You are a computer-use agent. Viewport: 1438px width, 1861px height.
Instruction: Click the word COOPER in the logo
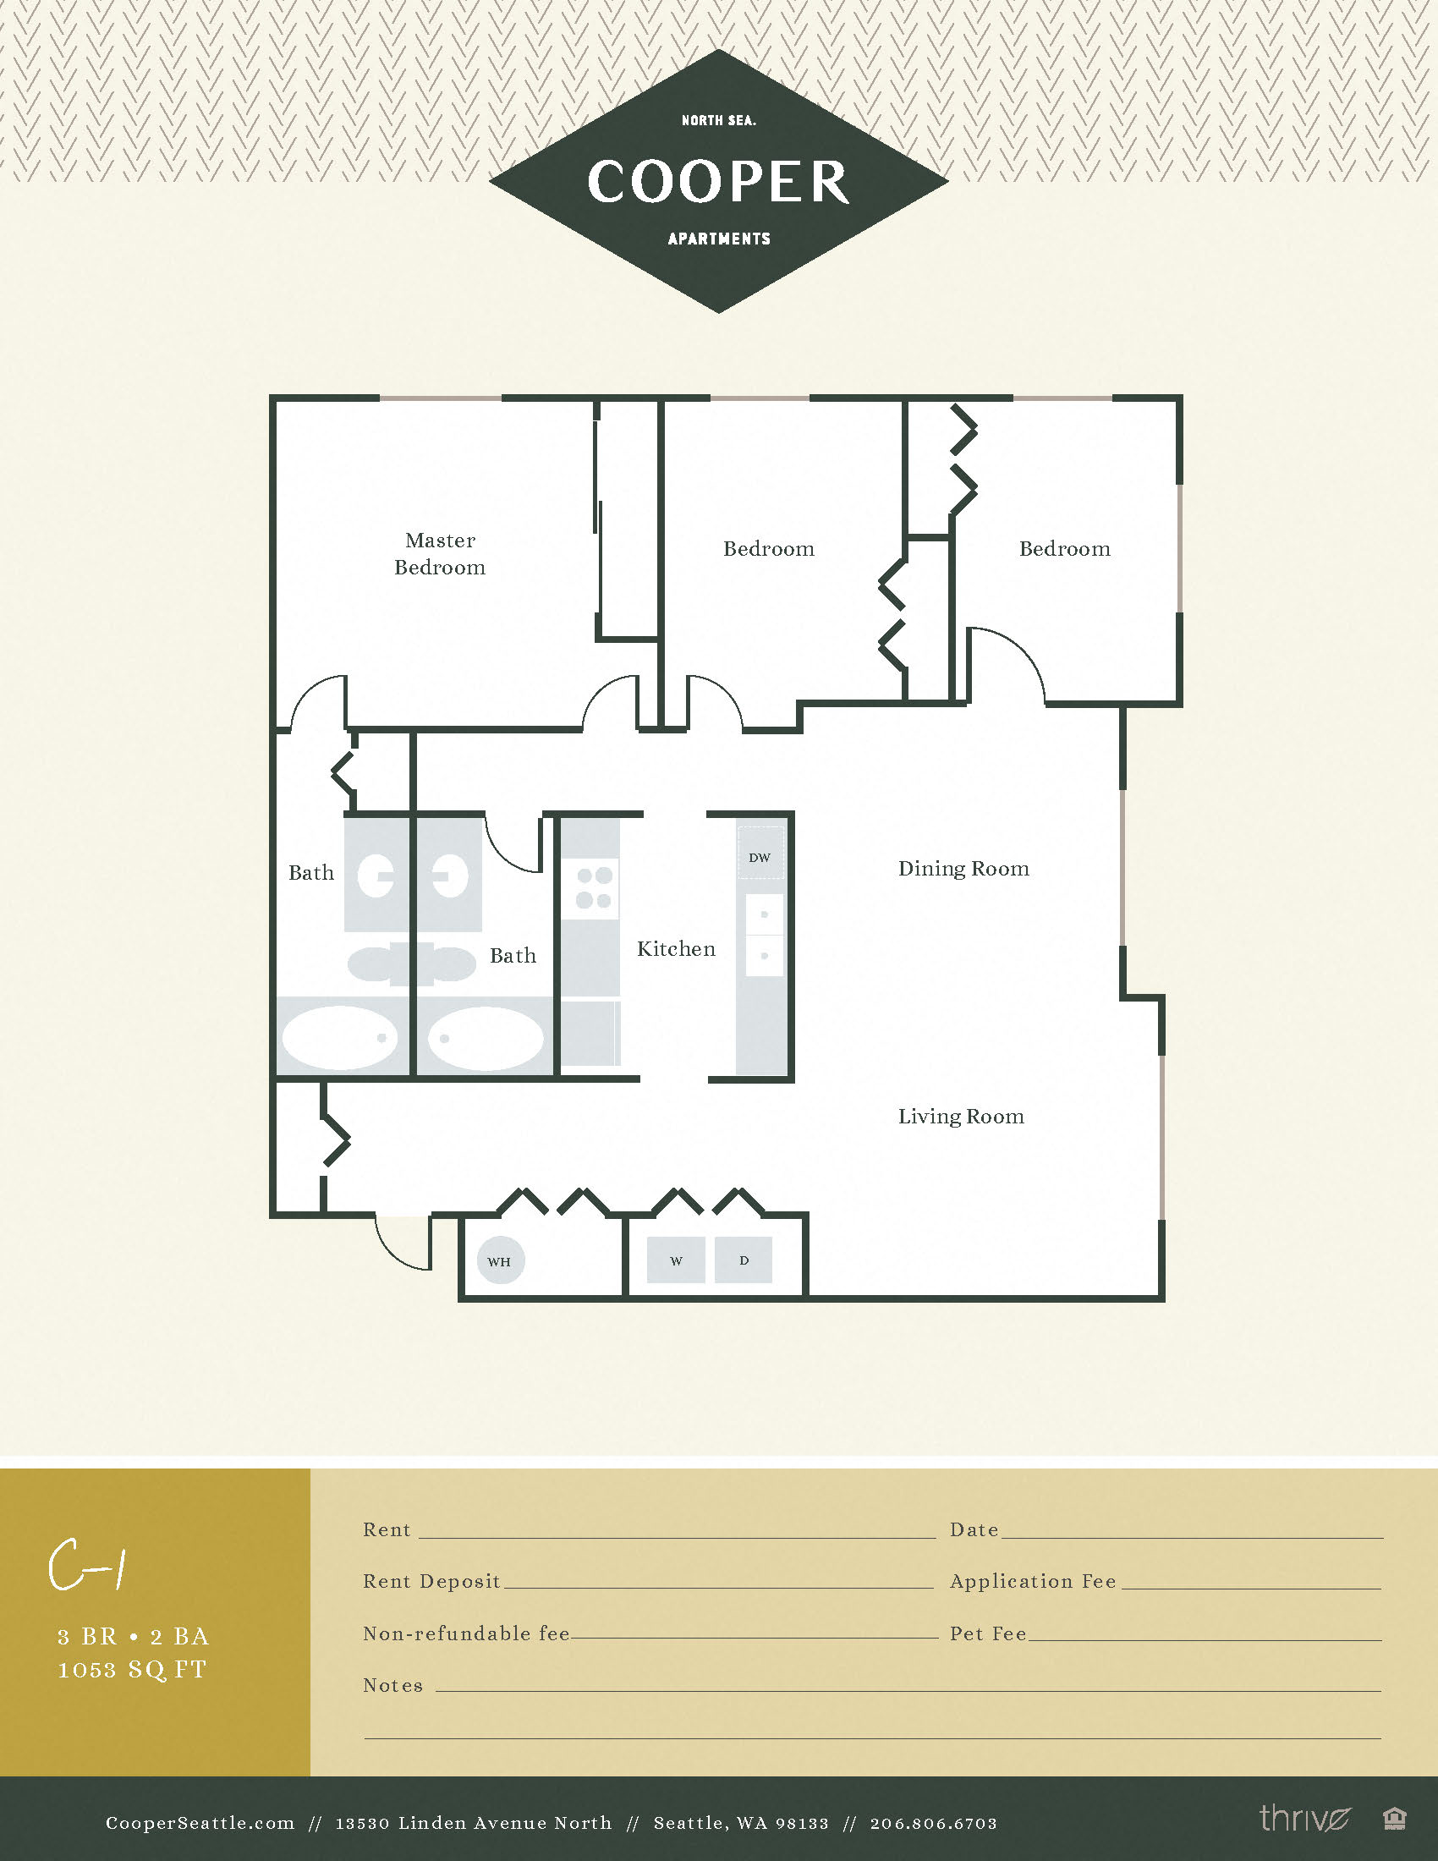pyautogui.click(x=718, y=182)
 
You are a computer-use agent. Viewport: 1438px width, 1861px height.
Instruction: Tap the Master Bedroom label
pyautogui.click(x=440, y=554)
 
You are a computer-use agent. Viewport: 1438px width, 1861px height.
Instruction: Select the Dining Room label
pyautogui.click(x=963, y=868)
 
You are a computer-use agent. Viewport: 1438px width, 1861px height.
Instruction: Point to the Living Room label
pyautogui.click(x=961, y=1117)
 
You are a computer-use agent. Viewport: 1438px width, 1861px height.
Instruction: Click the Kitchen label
pyautogui.click(x=676, y=949)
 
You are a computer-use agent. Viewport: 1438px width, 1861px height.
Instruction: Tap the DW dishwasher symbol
pyautogui.click(x=760, y=857)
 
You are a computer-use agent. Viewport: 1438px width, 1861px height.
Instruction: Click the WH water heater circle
pyautogui.click(x=500, y=1261)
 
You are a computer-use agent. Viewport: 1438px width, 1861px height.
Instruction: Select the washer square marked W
pyautogui.click(x=676, y=1260)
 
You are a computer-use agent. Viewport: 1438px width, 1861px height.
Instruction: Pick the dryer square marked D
pyautogui.click(x=744, y=1260)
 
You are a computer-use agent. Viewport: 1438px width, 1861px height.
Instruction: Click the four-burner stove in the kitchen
pyautogui.click(x=594, y=887)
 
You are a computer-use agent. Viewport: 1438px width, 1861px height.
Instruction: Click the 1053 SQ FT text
pyautogui.click(x=132, y=1669)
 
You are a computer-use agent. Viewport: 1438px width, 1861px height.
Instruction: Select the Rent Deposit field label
pyautogui.click(x=431, y=1582)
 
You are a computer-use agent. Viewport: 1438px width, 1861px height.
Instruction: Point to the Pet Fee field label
pyautogui.click(x=988, y=1633)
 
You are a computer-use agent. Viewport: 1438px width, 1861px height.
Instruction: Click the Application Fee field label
pyautogui.click(x=1033, y=1582)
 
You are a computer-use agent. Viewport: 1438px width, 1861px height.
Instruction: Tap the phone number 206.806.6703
pyautogui.click(x=933, y=1824)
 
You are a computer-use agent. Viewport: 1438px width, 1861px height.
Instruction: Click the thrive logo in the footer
pyautogui.click(x=1304, y=1819)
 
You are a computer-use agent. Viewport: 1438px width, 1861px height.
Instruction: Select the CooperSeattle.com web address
pyautogui.click(x=200, y=1824)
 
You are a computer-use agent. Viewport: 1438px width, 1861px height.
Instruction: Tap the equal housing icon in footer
pyautogui.click(x=1394, y=1820)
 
